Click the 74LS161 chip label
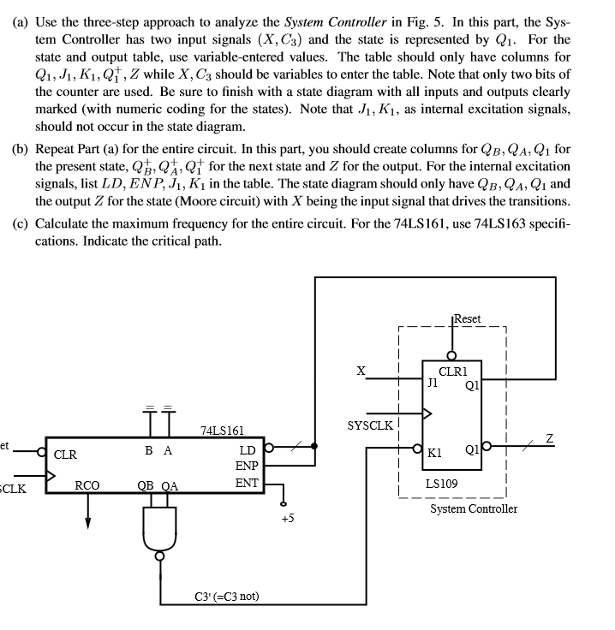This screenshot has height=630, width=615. (222, 430)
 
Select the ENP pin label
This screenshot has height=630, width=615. (247, 467)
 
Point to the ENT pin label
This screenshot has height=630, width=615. (247, 484)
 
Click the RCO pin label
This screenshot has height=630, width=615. (87, 484)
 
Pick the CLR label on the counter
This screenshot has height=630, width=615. (66, 455)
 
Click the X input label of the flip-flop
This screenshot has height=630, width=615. (361, 371)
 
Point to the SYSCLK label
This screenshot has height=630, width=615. (369, 425)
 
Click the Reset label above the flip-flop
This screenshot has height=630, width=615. (468, 318)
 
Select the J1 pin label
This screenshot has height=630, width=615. (433, 383)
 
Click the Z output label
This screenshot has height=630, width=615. (550, 437)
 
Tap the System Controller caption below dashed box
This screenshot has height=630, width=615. (474, 508)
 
